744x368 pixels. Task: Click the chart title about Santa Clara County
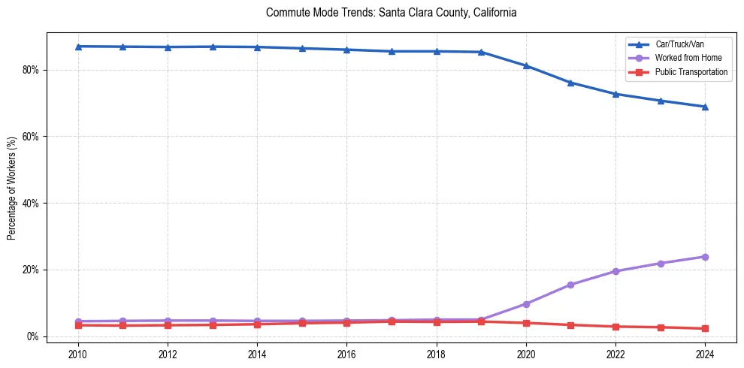point(391,13)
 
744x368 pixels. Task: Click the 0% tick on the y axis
point(32,336)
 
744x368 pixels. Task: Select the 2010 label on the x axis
point(78,353)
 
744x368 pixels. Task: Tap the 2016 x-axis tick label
point(346,353)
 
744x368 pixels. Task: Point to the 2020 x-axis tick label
point(526,353)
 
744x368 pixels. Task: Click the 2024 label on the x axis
point(705,353)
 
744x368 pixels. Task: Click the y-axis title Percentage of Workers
point(12,188)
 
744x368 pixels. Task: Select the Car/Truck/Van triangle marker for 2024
point(705,107)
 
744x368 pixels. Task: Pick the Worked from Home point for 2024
point(705,257)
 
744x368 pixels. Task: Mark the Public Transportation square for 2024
point(705,328)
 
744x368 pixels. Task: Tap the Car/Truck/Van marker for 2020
point(526,66)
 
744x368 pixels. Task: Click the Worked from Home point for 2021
point(570,285)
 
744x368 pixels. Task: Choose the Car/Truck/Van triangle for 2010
point(78,47)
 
